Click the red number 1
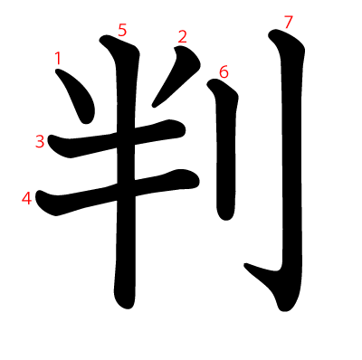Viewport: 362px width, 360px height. click(58, 58)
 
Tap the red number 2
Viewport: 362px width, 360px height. click(182, 37)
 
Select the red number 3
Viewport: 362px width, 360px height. click(40, 141)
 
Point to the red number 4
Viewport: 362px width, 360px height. click(26, 199)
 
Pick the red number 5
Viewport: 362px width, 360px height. click(122, 31)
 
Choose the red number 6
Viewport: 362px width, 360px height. click(224, 72)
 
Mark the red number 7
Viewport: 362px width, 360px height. click(288, 23)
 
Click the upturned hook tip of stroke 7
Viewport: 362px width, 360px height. click(246, 265)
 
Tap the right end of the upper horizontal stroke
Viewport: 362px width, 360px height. click(183, 130)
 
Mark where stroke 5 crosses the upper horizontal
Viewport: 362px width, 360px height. click(125, 137)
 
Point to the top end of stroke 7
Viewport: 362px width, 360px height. click(272, 33)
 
